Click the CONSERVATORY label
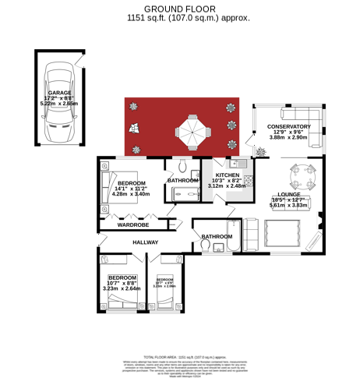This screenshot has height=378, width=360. point(288,126)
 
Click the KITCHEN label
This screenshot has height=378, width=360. point(228,175)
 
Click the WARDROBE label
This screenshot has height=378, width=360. point(132,224)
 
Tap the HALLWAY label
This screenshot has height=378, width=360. point(145,242)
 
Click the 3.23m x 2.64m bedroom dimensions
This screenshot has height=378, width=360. point(122,289)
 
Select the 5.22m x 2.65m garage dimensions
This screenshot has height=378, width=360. point(59,103)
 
